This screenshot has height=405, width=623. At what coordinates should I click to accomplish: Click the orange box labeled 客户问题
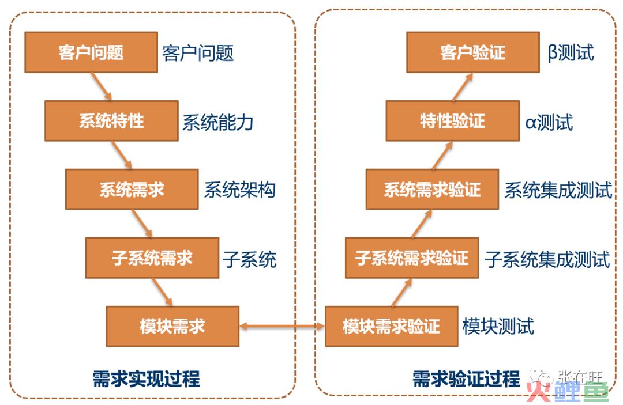coord(91,52)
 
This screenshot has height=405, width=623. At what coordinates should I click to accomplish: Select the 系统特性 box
coord(111,121)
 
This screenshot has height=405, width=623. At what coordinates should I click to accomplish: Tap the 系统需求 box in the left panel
coord(132,189)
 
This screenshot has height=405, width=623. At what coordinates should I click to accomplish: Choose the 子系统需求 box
coord(152,258)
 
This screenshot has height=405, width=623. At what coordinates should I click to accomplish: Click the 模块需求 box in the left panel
coord(172,326)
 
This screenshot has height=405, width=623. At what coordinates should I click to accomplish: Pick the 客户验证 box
coord(473,52)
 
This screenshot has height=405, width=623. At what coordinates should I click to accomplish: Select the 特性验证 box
coord(453,121)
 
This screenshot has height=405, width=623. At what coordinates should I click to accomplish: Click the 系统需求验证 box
coord(432,189)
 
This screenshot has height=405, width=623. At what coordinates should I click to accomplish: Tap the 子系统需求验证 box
coord(412,258)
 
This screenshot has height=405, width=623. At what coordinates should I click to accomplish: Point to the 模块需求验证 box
coord(391,326)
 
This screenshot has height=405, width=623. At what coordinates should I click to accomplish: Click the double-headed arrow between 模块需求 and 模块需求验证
coord(282,326)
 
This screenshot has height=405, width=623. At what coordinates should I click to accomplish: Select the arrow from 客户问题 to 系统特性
coord(102,86)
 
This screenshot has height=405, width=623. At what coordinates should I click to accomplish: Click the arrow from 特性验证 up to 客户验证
coord(463,86)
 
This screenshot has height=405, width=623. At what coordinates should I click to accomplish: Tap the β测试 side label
coord(571,53)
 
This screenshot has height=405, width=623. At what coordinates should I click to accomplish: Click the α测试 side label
coord(549,122)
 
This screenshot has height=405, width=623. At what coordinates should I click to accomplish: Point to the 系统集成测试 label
coord(558,190)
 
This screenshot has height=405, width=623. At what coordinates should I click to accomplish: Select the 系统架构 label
coord(239,190)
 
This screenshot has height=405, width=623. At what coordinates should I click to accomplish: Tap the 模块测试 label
coord(498,327)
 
